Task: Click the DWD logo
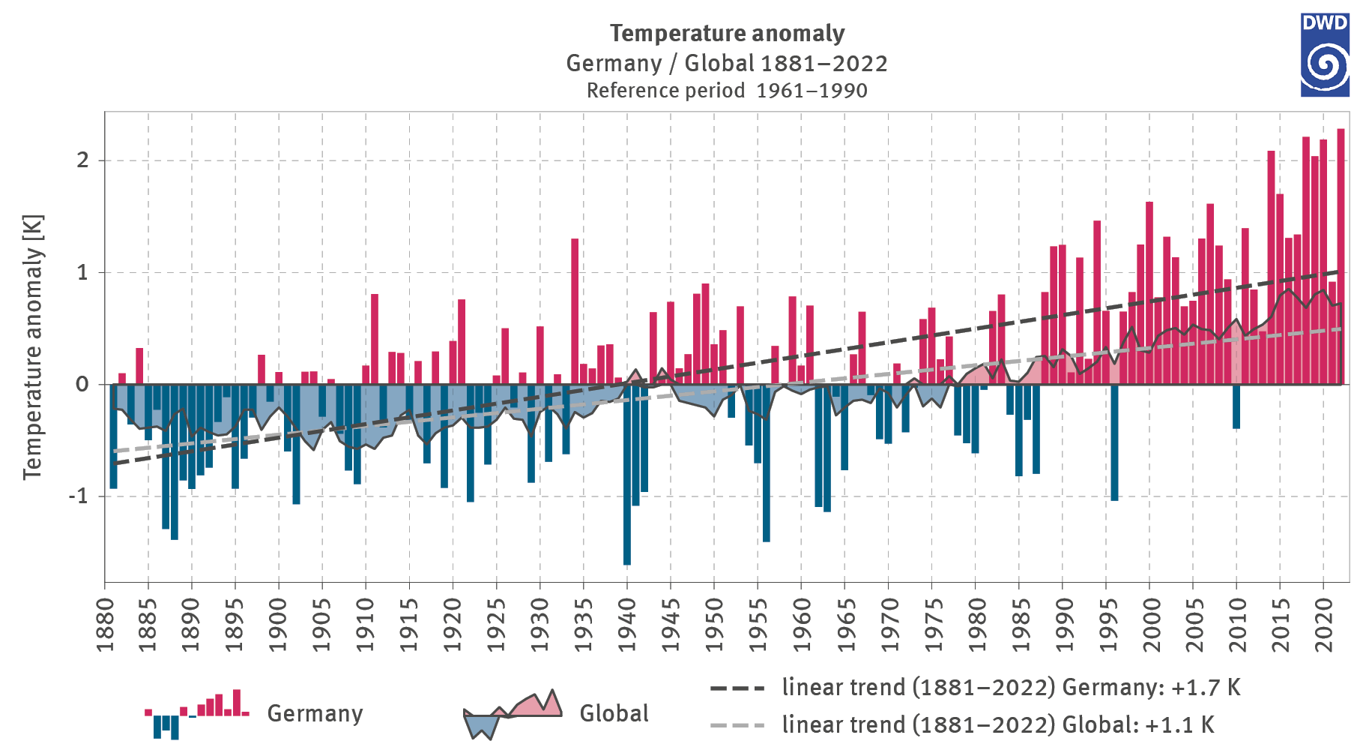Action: tap(1324, 55)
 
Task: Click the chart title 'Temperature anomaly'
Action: tap(727, 33)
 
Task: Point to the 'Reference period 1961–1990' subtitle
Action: tap(727, 91)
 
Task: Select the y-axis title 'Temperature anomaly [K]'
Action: tap(33, 346)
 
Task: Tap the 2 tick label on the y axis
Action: tap(82, 160)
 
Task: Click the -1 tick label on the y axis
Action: tap(79, 496)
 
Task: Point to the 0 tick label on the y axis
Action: tap(82, 384)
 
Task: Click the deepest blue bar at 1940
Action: tap(627, 480)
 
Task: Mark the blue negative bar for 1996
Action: tap(1114, 442)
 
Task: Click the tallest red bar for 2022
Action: tap(1341, 255)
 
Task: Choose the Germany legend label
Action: tap(315, 713)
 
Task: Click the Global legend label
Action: tap(614, 713)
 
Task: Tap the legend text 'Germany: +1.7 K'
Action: tap(1151, 687)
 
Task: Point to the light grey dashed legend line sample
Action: tap(737, 725)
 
